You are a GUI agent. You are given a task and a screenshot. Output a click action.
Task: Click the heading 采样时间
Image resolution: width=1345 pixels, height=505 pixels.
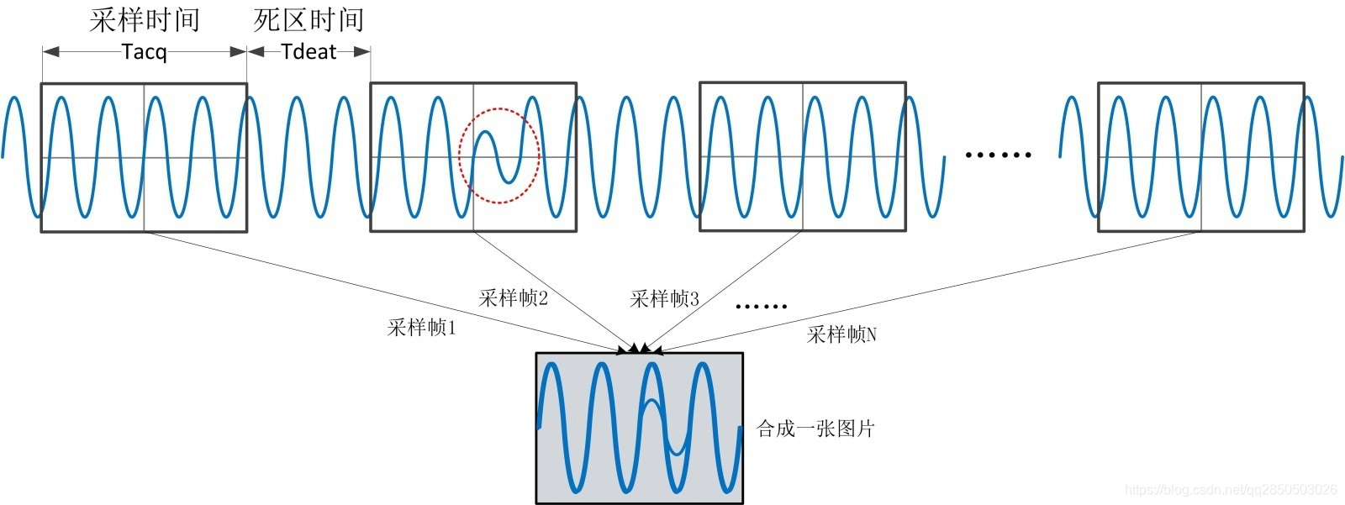point(145,20)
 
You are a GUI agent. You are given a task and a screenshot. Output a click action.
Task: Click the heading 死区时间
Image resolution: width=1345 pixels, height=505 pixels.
point(309,20)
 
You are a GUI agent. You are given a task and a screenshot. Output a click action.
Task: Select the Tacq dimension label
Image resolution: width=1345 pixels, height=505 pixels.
point(145,52)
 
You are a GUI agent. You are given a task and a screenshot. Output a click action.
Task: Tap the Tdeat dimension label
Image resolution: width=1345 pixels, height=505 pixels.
point(309,52)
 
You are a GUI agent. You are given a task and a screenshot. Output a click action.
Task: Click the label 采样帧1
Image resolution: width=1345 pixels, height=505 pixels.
point(421,328)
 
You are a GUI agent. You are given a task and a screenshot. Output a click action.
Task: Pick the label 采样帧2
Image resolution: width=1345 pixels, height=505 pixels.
point(513,298)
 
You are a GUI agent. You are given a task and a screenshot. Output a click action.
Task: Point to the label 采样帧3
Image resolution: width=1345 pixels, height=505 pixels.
point(664,298)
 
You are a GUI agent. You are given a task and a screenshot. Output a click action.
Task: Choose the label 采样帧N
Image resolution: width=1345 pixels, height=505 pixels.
point(841,334)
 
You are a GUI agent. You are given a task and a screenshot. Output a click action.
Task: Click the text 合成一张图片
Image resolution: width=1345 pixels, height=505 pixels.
point(815,429)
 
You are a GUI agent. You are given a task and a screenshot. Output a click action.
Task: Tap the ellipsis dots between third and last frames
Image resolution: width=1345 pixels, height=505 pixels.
point(998,155)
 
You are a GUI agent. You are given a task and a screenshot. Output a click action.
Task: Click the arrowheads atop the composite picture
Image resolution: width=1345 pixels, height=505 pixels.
point(640,348)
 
